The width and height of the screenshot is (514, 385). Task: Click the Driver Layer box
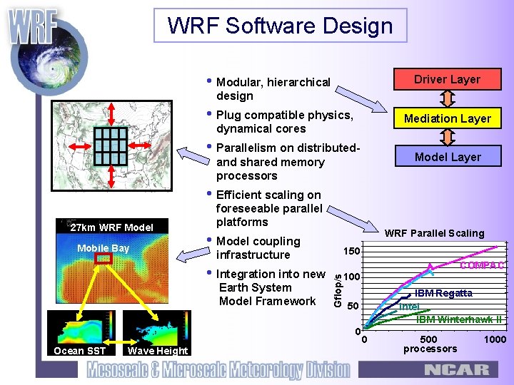[448, 79]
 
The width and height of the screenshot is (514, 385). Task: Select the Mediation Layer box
[448, 118]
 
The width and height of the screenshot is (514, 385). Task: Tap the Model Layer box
[448, 157]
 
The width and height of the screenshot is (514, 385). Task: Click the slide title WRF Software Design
[280, 26]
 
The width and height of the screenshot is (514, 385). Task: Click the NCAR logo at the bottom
[457, 370]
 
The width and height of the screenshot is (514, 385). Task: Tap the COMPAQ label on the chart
[482, 265]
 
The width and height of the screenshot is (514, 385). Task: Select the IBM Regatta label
[443, 293]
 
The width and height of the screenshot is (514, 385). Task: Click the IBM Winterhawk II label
[459, 319]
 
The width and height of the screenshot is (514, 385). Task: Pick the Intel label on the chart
[409, 307]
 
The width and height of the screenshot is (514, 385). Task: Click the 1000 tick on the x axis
[494, 339]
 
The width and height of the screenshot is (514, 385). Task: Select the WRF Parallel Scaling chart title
[434, 233]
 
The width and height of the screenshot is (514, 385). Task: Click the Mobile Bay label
[103, 248]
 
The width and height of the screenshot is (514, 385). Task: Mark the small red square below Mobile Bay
[104, 259]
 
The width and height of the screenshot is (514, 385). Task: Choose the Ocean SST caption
[79, 350]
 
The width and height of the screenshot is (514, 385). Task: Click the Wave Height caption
[158, 350]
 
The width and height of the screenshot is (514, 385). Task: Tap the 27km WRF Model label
[111, 227]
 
